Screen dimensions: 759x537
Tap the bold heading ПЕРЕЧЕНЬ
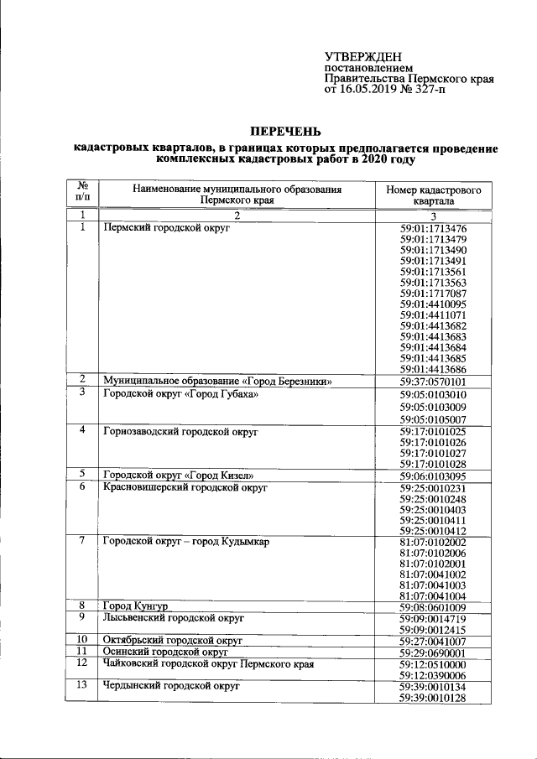pyautogui.click(x=286, y=130)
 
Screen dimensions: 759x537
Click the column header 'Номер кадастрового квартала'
pyautogui.click(x=433, y=196)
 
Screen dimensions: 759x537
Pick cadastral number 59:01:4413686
pyautogui.click(x=433, y=369)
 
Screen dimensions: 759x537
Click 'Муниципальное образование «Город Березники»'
pyautogui.click(x=218, y=382)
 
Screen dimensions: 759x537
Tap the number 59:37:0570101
pyautogui.click(x=433, y=382)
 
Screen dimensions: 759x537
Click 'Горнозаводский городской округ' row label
pyautogui.click(x=180, y=431)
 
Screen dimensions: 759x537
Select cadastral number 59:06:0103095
pyautogui.click(x=433, y=476)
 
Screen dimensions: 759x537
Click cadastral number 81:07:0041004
pyautogui.click(x=433, y=595)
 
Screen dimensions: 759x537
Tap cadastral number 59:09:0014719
pyautogui.click(x=433, y=618)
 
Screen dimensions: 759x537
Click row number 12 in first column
pyautogui.click(x=82, y=663)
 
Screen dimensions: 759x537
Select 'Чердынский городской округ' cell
pyautogui.click(x=170, y=686)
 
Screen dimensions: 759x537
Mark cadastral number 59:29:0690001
pyautogui.click(x=433, y=652)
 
